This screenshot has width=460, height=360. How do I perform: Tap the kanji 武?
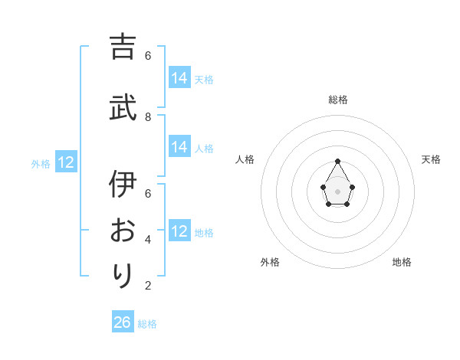pyautogui.click(x=123, y=108)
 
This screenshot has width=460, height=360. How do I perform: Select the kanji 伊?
pyautogui.click(x=123, y=185)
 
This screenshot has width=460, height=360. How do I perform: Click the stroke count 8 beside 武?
pyautogui.click(x=148, y=116)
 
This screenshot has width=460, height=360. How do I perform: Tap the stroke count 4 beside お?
pyautogui.click(x=148, y=240)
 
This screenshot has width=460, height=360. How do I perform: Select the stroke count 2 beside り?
pyautogui.click(x=148, y=286)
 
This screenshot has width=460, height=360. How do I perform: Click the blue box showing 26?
pyautogui.click(x=123, y=322)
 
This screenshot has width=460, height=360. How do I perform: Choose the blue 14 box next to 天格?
pyautogui.click(x=179, y=78)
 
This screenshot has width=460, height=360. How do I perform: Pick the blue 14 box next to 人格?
pyautogui.click(x=179, y=147)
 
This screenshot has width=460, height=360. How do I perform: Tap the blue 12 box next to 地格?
pyautogui.click(x=179, y=231)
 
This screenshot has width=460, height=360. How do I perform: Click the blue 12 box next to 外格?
pyautogui.click(x=66, y=162)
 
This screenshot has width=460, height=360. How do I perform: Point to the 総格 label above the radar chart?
pyautogui.click(x=337, y=100)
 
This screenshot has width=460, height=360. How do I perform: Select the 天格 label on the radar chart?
pyautogui.click(x=431, y=159)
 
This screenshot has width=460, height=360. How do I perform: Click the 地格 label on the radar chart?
pyautogui.click(x=402, y=262)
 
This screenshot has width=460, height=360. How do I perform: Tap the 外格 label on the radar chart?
pyautogui.click(x=270, y=262)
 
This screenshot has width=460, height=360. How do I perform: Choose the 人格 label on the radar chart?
pyautogui.click(x=245, y=159)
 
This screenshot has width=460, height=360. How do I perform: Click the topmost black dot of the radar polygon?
pyautogui.click(x=337, y=161)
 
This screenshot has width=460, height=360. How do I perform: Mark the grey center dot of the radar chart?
pyautogui.click(x=337, y=190)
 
